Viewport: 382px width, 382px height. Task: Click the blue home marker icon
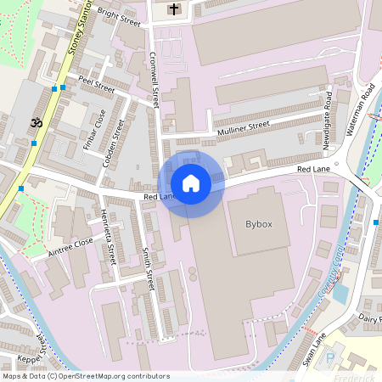point(191,183)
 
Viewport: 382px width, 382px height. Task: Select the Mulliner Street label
point(242,127)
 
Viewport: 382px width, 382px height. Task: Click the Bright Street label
point(119,15)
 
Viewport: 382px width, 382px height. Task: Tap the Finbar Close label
point(93,129)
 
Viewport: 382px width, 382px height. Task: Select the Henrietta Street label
point(107,233)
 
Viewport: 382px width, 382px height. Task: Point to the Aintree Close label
point(70,244)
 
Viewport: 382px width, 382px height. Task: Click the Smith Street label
point(149,266)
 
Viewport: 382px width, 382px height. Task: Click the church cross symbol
point(174,9)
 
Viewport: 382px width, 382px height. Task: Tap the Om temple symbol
point(37,123)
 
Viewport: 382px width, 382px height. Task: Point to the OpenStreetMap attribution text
point(85,376)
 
